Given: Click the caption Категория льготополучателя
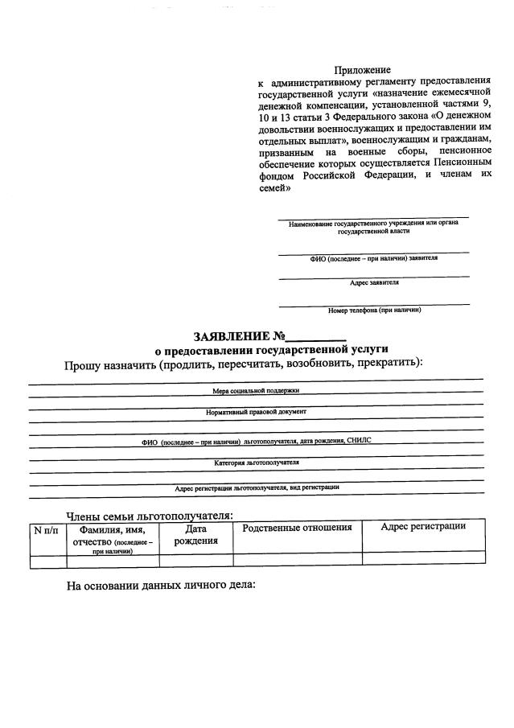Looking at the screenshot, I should click(x=256, y=463).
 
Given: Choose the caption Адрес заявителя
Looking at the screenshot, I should click(x=374, y=283).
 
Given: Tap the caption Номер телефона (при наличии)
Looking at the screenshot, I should click(x=374, y=310).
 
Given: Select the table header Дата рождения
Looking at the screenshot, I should click(x=196, y=535).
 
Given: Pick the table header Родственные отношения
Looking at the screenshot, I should click(x=298, y=528).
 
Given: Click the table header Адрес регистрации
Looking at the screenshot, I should click(x=423, y=527).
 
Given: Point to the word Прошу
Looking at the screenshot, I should click(x=83, y=364).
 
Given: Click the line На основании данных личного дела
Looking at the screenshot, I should click(x=160, y=585).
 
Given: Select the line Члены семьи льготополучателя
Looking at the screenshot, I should click(x=149, y=515).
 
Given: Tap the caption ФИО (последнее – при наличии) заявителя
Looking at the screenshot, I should click(x=374, y=258).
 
